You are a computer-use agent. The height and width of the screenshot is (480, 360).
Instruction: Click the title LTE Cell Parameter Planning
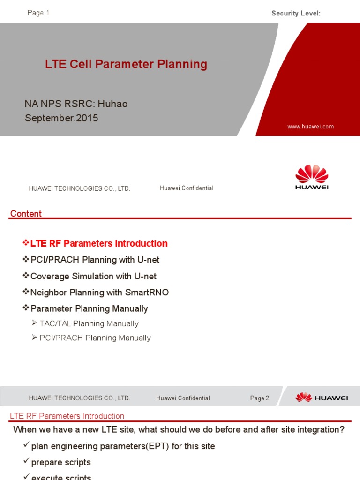point(126,64)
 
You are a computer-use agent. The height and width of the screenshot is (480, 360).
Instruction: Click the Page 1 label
point(38,13)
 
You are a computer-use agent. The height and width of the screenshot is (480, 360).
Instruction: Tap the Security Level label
point(296,13)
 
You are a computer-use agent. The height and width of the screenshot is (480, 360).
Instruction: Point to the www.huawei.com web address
point(311,127)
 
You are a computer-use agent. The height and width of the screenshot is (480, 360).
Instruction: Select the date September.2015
point(61,118)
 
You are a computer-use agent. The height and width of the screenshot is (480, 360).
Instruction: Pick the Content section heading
point(26,214)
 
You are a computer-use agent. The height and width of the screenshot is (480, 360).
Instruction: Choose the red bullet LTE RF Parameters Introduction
point(98,243)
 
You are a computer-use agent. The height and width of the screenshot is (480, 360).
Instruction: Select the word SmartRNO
point(147,292)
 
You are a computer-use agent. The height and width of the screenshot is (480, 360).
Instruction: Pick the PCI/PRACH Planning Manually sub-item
point(95,338)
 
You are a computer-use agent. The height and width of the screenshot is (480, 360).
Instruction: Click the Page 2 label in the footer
point(260,398)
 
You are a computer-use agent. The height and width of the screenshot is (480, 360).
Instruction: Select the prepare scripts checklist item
point(61,462)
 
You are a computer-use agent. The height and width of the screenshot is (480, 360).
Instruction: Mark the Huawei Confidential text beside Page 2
point(183,398)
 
